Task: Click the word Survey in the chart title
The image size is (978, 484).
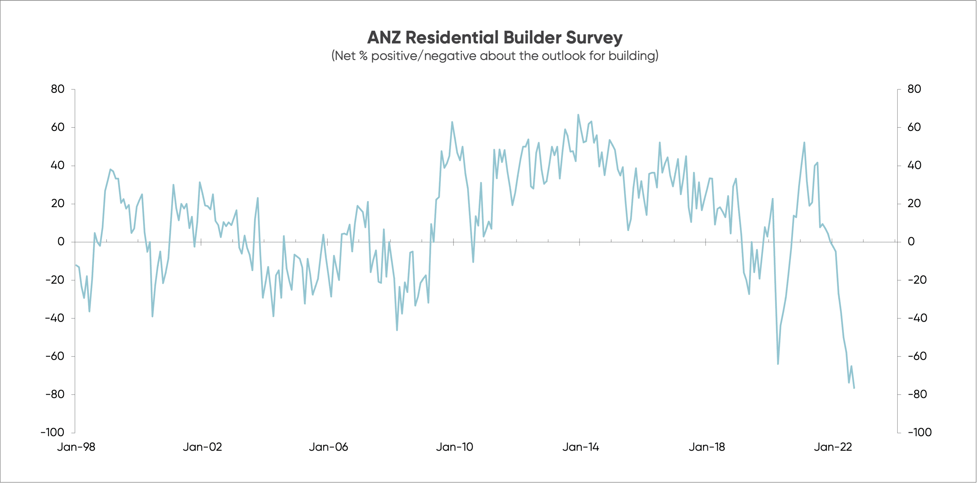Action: point(594,38)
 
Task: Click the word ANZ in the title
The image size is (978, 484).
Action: point(384,38)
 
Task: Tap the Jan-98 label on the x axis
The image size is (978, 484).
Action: point(76,447)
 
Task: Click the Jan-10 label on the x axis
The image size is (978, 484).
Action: point(455,447)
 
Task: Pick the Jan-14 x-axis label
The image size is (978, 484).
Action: point(581,447)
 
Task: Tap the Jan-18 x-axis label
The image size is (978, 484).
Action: point(707,447)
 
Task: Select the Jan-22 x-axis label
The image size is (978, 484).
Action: point(833,447)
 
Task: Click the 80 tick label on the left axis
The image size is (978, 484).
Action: point(58,89)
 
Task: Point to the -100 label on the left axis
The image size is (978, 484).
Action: point(53,432)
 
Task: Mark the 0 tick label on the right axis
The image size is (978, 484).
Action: point(911,242)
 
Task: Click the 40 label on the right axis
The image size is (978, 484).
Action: point(914,165)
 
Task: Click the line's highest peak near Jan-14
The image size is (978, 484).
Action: point(578,115)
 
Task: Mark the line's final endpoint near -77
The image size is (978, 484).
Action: point(854,388)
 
